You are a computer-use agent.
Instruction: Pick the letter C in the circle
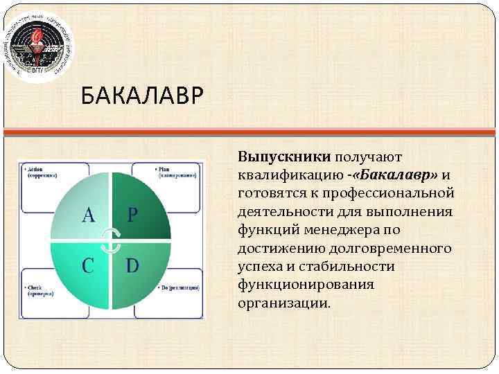[89, 266]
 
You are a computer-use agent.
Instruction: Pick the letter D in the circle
[133, 266]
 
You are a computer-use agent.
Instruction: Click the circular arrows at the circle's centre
[112, 240]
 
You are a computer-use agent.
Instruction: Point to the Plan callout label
[177, 172]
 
